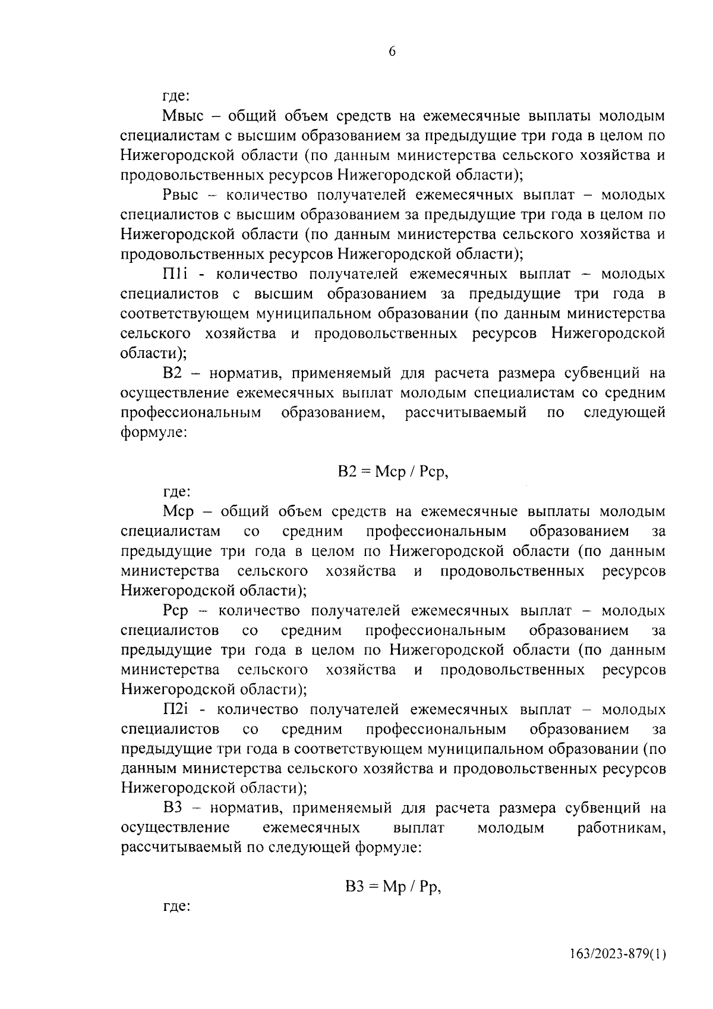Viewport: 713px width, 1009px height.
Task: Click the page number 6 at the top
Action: pos(392,52)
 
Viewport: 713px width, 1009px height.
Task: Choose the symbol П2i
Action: pos(176,709)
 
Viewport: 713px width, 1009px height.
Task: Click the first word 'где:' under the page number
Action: pos(176,96)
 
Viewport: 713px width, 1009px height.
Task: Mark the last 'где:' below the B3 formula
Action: pos(176,908)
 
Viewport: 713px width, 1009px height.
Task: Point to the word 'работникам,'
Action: pos(621,828)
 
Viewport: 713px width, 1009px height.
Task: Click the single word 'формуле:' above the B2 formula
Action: pos(154,433)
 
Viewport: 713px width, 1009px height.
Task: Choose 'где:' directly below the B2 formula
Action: pos(176,492)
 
